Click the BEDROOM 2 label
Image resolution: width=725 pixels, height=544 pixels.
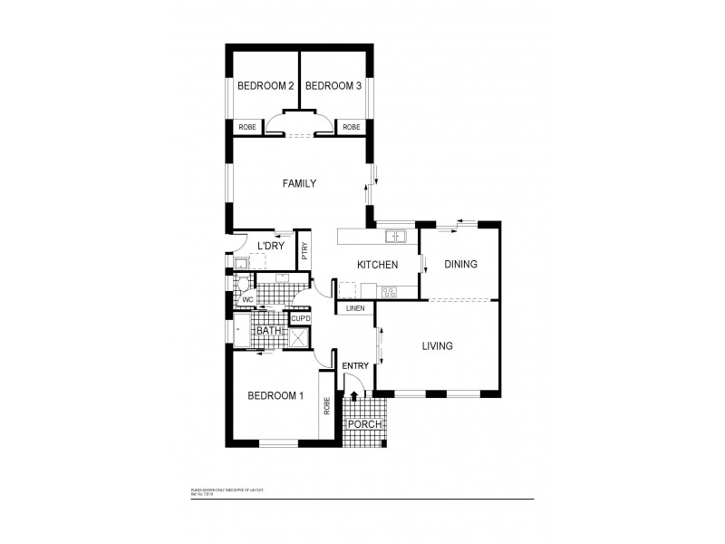coord(266,86)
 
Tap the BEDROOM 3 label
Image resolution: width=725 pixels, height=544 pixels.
coord(333,86)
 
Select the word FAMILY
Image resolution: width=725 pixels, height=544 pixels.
coord(299,183)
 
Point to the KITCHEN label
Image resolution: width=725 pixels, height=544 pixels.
coord(377,265)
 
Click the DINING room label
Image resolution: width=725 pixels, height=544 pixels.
coord(460,265)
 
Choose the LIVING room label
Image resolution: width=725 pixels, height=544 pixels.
coord(438,345)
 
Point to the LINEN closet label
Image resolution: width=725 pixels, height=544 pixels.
coord(354,309)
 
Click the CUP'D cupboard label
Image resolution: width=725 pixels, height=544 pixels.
coord(300,318)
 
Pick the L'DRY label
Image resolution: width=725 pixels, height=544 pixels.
coord(272,247)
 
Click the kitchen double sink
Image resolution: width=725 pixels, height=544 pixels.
coord(395,238)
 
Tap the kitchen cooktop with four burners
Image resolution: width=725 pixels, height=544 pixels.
coord(391,291)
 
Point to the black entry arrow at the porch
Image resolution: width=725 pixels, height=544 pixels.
coord(353,396)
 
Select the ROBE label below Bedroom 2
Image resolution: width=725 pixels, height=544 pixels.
coord(246,127)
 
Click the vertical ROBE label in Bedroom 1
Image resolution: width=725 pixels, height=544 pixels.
coord(326,407)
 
